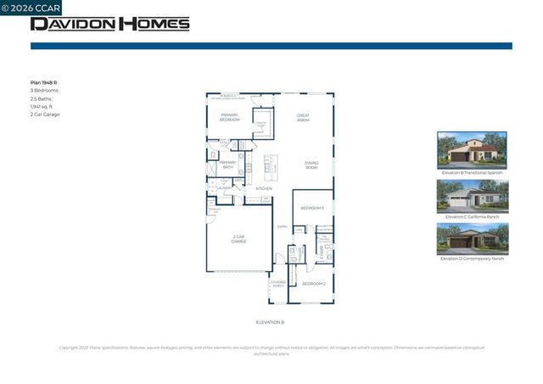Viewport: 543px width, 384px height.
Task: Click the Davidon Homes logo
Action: click(110, 24)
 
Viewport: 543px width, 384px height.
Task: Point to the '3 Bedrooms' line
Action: click(44, 91)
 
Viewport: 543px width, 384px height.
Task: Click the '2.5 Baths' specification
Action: click(42, 98)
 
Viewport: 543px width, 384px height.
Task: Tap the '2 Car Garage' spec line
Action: click(45, 114)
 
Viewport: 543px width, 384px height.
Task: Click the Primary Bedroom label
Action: click(230, 117)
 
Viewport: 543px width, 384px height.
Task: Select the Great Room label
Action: click(303, 117)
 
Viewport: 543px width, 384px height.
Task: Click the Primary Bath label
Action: click(227, 165)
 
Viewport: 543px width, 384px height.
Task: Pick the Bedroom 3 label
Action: click(312, 208)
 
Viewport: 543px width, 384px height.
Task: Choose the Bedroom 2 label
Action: click(314, 283)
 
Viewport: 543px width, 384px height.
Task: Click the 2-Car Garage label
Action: click(239, 240)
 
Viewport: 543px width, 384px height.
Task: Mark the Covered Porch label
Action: click(278, 284)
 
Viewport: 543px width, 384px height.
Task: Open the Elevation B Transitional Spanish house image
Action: click(472, 149)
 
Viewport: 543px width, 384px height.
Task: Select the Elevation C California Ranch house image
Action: click(472, 195)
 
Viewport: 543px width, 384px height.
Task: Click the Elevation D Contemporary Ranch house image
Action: click(472, 238)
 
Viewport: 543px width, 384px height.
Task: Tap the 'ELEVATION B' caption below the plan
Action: click(270, 323)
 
